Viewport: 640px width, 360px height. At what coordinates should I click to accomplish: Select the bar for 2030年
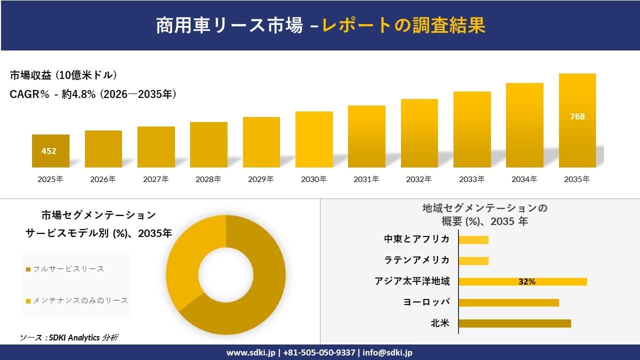tap(314, 139)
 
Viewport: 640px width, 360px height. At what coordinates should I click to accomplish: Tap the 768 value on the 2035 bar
tap(577, 116)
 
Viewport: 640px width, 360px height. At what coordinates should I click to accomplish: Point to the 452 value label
tap(49, 151)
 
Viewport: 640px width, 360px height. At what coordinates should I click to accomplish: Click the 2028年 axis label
tap(208, 179)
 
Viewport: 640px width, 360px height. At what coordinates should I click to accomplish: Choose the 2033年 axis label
tap(471, 179)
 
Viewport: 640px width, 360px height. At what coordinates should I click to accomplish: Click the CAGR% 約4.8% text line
tap(93, 94)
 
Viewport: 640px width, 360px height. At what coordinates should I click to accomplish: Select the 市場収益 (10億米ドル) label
tap(63, 75)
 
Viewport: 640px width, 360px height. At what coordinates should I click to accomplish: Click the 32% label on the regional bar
tap(526, 281)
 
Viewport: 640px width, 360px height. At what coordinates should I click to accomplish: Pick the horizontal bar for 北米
tap(514, 323)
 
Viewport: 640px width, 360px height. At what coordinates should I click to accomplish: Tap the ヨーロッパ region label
tap(426, 302)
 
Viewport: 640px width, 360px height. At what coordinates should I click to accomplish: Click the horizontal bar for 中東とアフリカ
tap(473, 239)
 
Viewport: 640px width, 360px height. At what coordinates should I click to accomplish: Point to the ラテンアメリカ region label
tap(416, 260)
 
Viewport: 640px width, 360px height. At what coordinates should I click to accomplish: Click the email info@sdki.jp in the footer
tap(387, 352)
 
